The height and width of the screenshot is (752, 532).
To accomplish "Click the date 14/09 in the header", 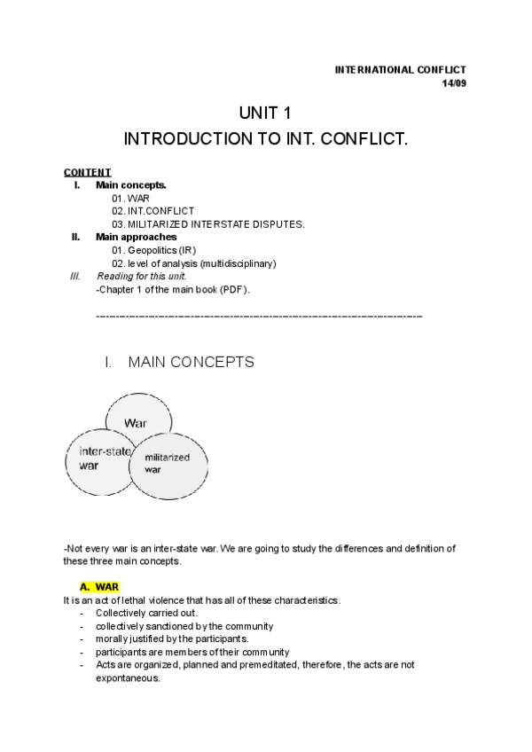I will tap(454, 83).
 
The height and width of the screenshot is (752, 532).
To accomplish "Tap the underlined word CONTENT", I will tap(87, 172).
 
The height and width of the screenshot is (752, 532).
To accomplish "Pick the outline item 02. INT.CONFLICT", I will tap(153, 211).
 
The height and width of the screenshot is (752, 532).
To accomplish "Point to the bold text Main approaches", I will tap(136, 237).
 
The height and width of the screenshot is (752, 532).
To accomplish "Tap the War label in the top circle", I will tap(136, 423).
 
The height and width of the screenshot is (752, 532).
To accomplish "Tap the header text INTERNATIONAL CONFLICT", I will tap(399, 70).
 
